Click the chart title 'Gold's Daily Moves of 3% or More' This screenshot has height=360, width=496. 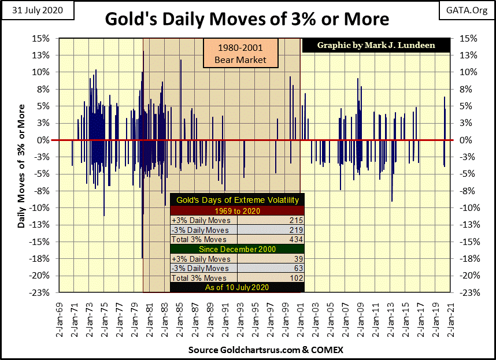click(x=247, y=20)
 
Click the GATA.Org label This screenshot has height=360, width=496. click(x=466, y=10)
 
